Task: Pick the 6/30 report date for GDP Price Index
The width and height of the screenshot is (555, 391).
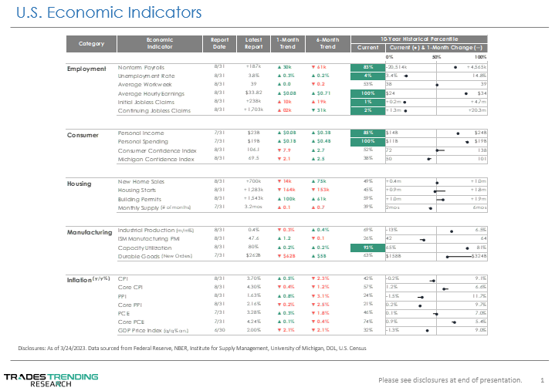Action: point(219,329)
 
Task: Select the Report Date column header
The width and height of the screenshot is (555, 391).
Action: point(219,42)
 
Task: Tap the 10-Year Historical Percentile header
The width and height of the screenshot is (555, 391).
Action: point(419,38)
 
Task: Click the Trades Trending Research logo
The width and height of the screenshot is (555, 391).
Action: point(51,379)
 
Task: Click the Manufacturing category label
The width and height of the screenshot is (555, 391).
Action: point(90,231)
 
